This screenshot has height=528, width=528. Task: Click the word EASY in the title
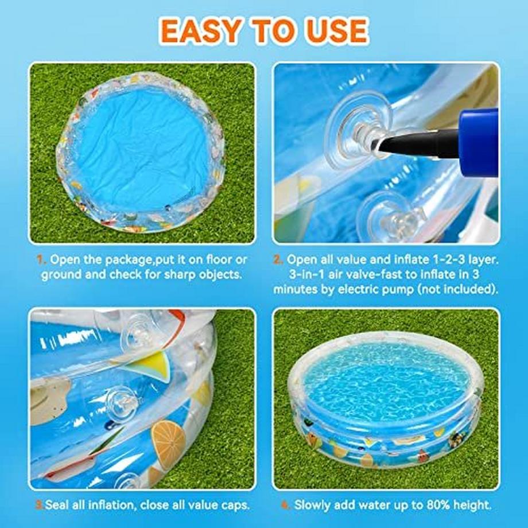[200, 30]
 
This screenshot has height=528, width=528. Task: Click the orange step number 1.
[41, 259]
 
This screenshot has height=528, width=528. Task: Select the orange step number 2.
[278, 259]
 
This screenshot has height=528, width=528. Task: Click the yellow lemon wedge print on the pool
[155, 366]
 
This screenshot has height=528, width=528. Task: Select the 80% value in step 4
[438, 505]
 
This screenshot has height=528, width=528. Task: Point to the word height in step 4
[472, 506]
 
